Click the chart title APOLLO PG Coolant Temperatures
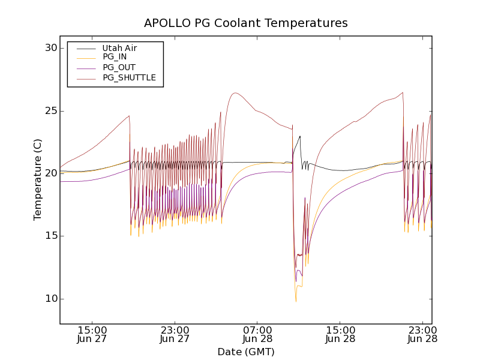tap(246, 23)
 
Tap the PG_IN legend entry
tap(115, 57)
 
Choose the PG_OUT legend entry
tap(119, 67)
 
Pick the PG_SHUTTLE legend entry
tap(129, 77)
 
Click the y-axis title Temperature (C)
tap(38, 179)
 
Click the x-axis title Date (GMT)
tap(246, 352)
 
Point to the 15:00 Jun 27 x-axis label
tap(92, 334)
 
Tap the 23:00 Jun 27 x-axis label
tap(175, 334)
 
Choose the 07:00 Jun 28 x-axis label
tap(258, 334)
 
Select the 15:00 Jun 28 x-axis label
tap(340, 334)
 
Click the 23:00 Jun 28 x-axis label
tap(422, 334)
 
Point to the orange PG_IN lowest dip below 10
tap(296, 301)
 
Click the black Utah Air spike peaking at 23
tap(300, 136)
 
